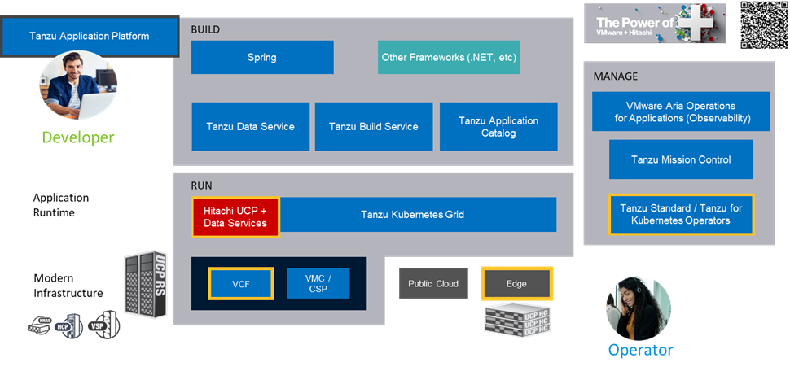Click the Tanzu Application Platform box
[90, 37]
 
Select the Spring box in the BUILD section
[262, 58]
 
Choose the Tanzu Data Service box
[250, 126]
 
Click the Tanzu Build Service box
[374, 126]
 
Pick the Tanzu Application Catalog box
[498, 126]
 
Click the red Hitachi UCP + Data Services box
[235, 217]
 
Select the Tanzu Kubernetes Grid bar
[418, 215]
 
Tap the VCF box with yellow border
[240, 283]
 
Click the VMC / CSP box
[318, 283]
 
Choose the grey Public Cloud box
[433, 284]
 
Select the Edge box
[516, 284]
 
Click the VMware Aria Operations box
[681, 112]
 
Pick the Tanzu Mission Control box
[681, 159]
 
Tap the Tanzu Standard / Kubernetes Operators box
[681, 214]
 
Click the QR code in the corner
[763, 24]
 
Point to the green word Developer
[78, 137]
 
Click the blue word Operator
[640, 351]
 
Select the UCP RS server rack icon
[146, 285]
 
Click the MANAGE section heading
[615, 76]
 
